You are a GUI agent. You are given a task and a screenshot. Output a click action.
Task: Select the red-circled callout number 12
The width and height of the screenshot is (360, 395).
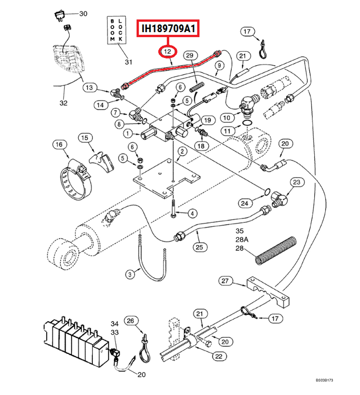[168, 52]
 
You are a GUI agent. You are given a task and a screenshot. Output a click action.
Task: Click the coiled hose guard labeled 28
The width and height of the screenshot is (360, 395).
[276, 250]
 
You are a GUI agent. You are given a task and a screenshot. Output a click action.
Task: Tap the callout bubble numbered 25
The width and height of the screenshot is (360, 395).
[199, 247]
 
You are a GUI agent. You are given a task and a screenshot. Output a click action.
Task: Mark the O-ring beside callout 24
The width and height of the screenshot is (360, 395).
[268, 193]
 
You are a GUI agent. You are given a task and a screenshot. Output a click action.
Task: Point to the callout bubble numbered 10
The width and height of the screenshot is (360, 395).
[227, 118]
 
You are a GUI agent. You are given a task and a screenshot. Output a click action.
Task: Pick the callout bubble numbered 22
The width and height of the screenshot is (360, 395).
[219, 356]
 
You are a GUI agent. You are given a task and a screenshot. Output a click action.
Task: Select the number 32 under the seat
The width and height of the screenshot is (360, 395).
[63, 103]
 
